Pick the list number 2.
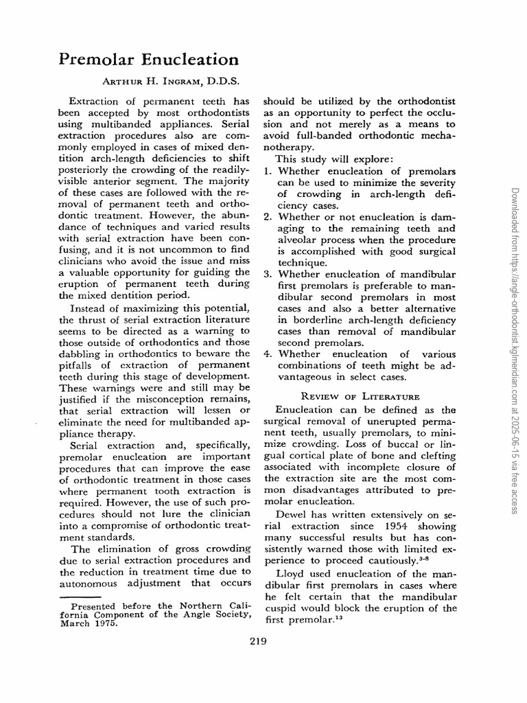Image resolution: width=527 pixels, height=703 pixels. pyautogui.click(x=268, y=217)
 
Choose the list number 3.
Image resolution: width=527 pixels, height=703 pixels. pyautogui.click(x=268, y=275)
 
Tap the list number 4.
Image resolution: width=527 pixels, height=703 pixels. pyautogui.click(x=268, y=354)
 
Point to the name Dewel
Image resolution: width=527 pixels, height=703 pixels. pyautogui.click(x=290, y=514)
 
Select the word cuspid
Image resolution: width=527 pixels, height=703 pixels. pyautogui.click(x=280, y=608)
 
